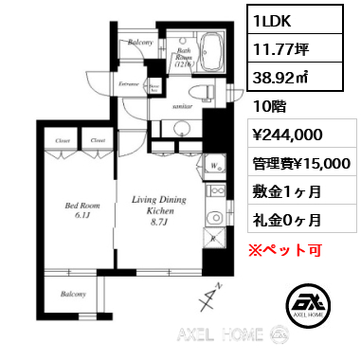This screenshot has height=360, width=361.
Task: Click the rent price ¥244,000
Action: (x=292, y=135)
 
